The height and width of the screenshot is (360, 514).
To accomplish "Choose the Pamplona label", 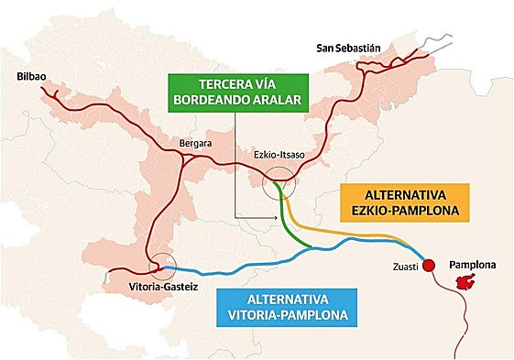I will pos(472,265).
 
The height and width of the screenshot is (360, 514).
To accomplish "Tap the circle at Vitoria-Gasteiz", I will pos(162,266).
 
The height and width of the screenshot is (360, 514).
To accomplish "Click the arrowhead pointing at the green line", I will pos(275,216).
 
